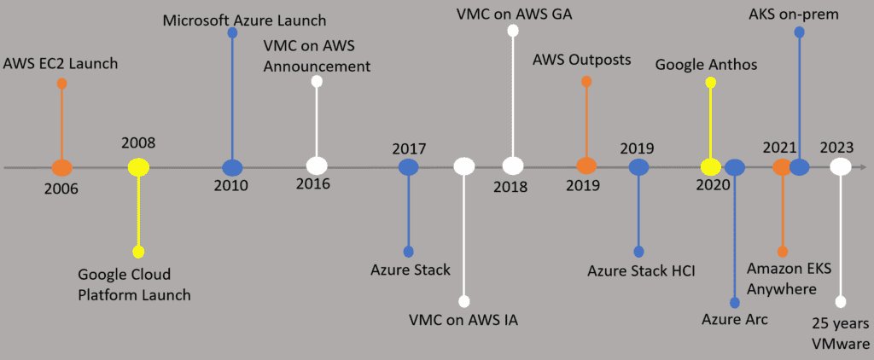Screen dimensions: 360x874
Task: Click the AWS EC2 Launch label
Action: pyautogui.click(x=61, y=63)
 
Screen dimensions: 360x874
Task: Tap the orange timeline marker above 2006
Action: pyautogui.click(x=61, y=167)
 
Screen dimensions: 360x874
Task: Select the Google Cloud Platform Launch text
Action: pyautogui.click(x=134, y=285)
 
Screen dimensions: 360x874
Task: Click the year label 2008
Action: pyautogui.click(x=138, y=143)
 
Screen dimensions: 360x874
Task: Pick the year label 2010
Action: pyautogui.click(x=230, y=185)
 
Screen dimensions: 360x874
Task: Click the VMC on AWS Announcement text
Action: pyautogui.click(x=317, y=55)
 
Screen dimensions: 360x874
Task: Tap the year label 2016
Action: pyautogui.click(x=313, y=183)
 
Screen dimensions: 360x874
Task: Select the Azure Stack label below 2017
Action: pyautogui.click(x=410, y=270)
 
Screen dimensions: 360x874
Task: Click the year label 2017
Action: pyautogui.click(x=409, y=148)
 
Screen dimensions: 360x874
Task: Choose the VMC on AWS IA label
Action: pyautogui.click(x=463, y=321)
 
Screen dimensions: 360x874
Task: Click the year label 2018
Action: pyautogui.click(x=510, y=187)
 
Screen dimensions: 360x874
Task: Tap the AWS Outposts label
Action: pyautogui.click(x=581, y=61)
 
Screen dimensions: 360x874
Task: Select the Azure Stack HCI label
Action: pyautogui.click(x=641, y=271)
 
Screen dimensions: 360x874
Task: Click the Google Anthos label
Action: pyautogui.click(x=706, y=64)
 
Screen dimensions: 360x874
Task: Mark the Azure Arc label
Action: pyautogui.click(x=734, y=320)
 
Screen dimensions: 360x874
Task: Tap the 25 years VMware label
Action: pyautogui.click(x=841, y=332)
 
